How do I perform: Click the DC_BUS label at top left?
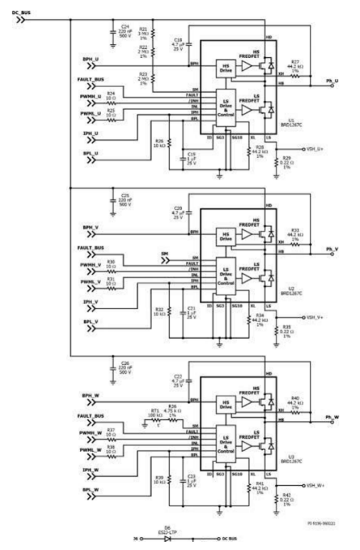click(x=21, y=12)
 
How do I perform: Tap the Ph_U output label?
click(x=332, y=80)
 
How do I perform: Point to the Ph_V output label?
click(x=332, y=249)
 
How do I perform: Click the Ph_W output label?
click(x=332, y=417)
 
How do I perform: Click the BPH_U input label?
click(x=91, y=60)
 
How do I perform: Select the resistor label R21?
click(x=143, y=30)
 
